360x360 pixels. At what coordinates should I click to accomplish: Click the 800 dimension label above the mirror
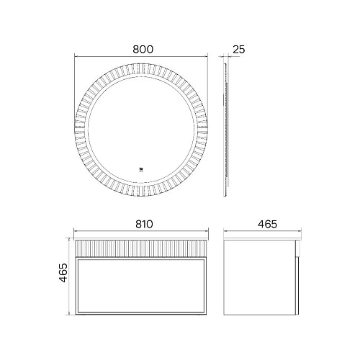(143, 49)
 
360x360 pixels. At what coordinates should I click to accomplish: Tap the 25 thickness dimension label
(240, 49)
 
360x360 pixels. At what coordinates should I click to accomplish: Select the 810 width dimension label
(143, 224)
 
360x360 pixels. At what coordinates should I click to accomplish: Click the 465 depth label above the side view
(267, 224)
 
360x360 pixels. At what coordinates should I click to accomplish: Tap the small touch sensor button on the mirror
(141, 171)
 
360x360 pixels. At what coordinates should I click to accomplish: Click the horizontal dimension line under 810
(141, 234)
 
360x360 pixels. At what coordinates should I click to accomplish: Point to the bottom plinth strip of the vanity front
(141, 313)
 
